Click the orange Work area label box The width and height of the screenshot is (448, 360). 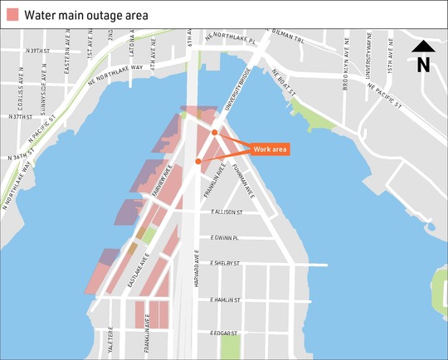pos(270,149)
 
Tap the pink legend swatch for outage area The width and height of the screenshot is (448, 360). pos(12,15)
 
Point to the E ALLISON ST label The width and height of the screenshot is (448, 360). pos(226,212)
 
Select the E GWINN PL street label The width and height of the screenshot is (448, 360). pos(225,238)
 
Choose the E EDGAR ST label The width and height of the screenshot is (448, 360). pos(224,333)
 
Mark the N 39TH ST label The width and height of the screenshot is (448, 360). pos(39,51)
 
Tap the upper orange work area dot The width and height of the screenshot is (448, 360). pos(214,133)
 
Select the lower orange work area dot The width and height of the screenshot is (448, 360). pos(197,161)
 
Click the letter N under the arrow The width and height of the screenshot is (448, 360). pos(423,64)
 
